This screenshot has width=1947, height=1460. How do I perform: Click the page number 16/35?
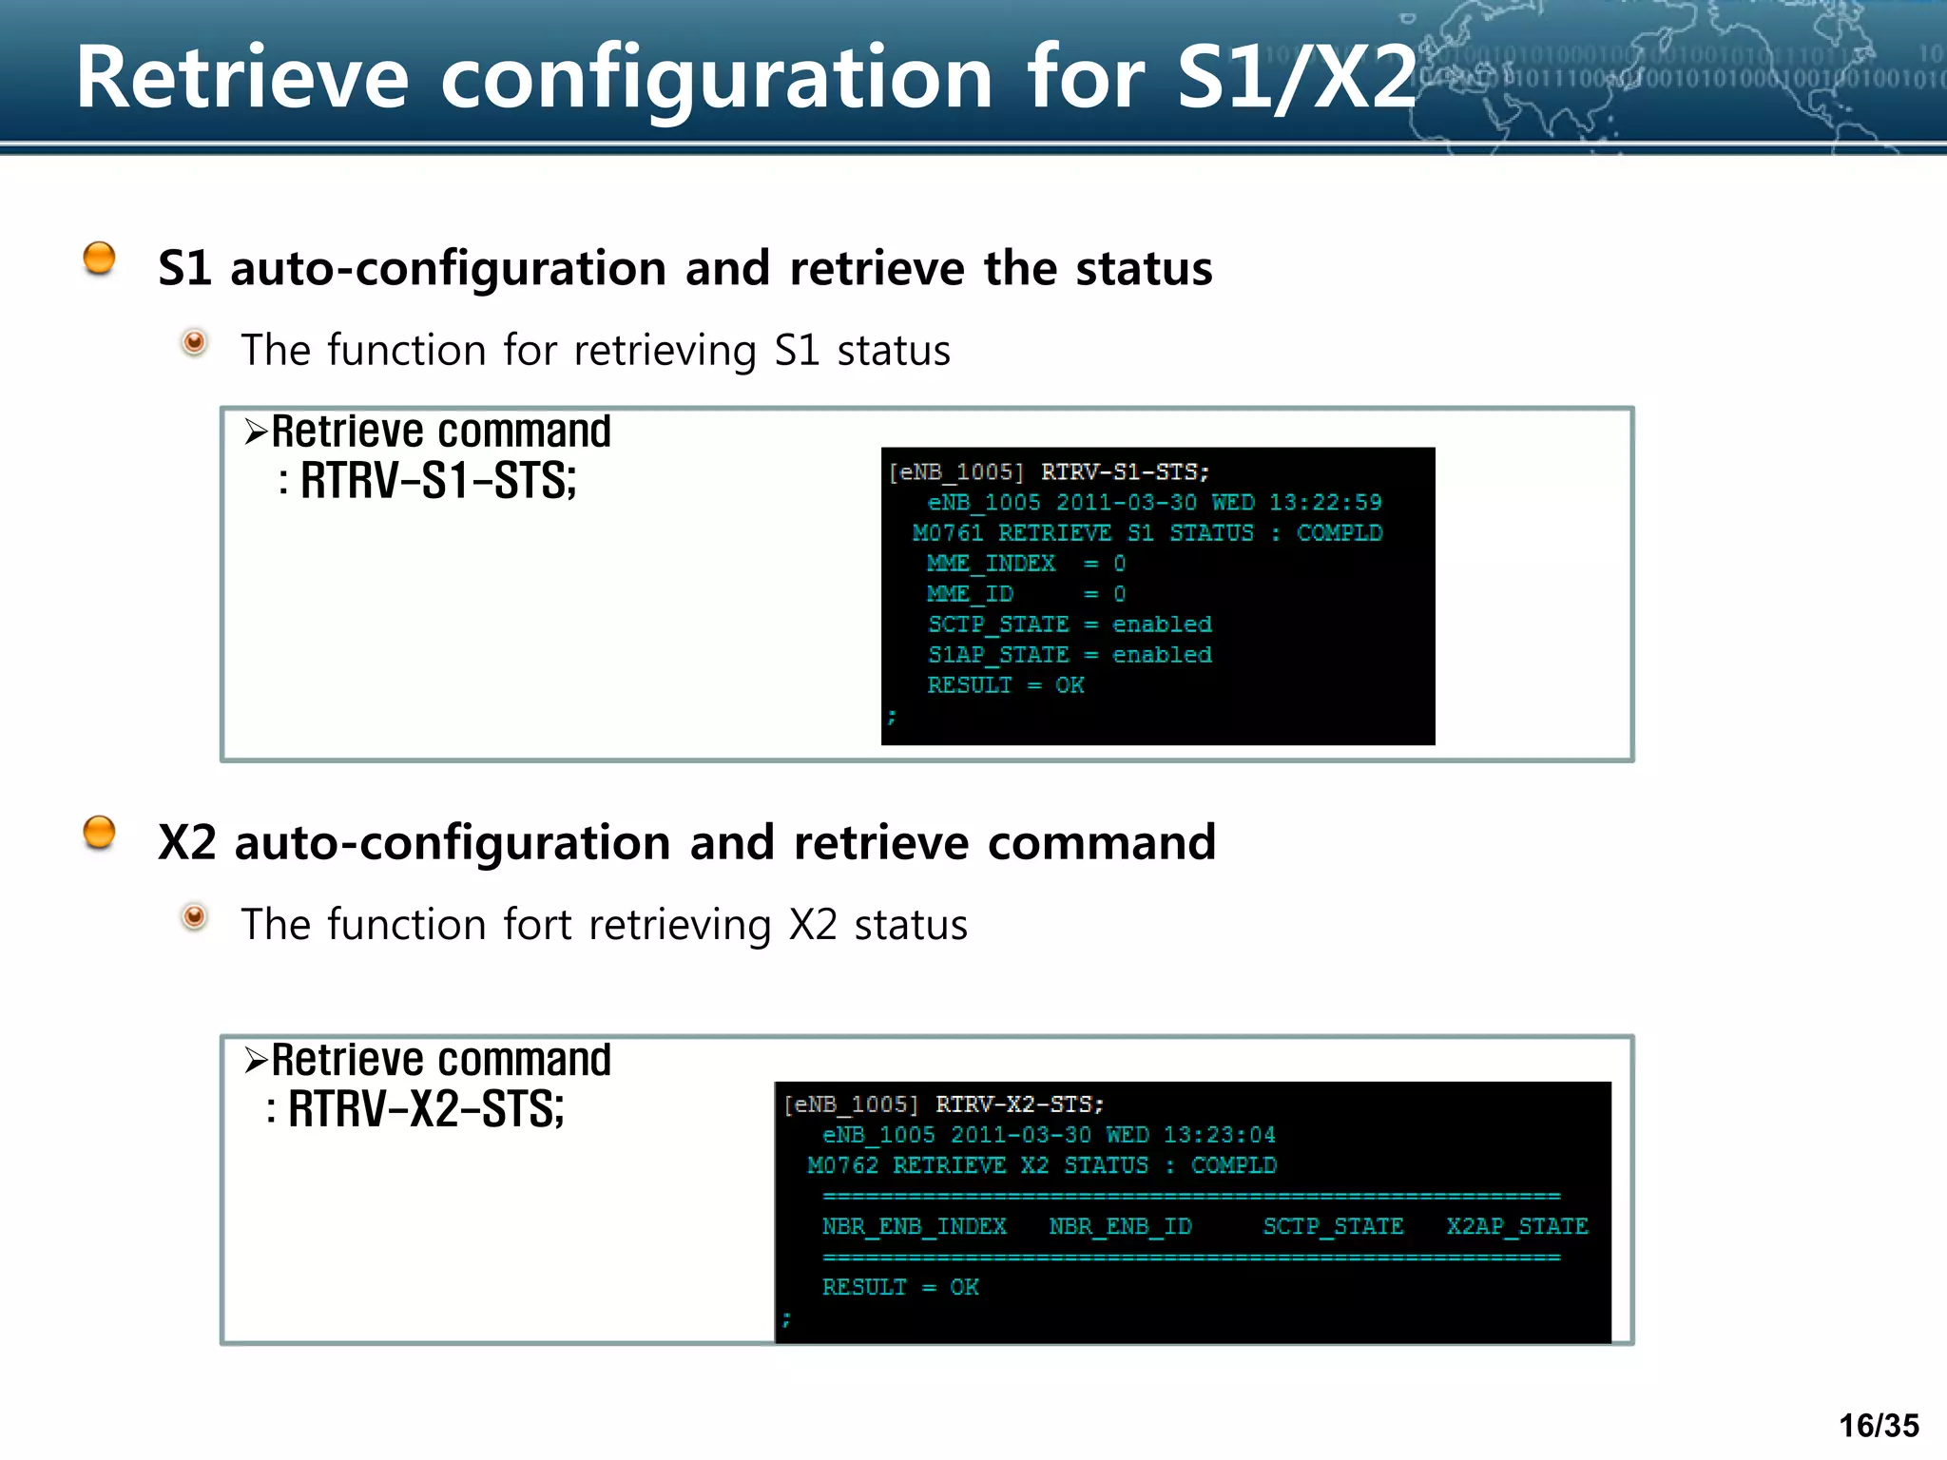coord(1879,1426)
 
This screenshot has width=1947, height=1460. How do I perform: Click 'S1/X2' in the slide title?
coord(1297,78)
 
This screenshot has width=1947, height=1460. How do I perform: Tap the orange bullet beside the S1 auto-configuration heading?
coord(99,259)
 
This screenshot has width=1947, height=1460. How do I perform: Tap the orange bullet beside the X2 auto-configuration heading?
coord(99,833)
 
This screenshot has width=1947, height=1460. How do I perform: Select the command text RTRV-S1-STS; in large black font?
coord(438,481)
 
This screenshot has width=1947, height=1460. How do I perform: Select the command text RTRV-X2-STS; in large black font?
coord(426,1109)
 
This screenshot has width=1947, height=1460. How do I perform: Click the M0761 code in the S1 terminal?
coord(947,533)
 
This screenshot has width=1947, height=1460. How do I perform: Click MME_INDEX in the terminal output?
coord(991,564)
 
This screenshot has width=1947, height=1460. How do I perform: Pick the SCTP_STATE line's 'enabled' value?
coord(1162,624)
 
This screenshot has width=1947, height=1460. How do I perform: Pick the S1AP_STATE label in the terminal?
coord(998,655)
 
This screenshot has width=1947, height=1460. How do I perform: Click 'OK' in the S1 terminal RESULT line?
coord(1070,685)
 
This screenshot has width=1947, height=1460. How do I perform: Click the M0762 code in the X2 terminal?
coord(842,1165)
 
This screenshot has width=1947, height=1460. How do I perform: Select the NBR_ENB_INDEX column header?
coord(914,1226)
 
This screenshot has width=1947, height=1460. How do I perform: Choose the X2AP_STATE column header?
coord(1517,1226)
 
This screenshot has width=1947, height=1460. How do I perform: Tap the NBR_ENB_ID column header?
coord(1120,1226)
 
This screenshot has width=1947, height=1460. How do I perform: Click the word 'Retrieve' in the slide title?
coord(242,78)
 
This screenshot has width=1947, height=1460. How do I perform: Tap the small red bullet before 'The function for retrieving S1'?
coord(194,342)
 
